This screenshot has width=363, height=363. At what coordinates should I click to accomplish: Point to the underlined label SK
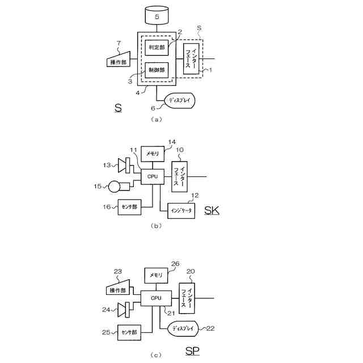tap(211, 211)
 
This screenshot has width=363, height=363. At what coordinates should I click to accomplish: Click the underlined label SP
tap(193, 351)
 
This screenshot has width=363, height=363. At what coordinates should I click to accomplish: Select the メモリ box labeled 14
tap(153, 153)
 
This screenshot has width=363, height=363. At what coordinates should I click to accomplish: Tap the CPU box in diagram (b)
tap(153, 176)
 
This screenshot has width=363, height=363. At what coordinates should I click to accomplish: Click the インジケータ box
tap(181, 210)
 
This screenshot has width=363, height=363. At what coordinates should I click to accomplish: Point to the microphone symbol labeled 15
tap(116, 185)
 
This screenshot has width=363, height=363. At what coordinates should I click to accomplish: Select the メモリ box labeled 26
tap(156, 275)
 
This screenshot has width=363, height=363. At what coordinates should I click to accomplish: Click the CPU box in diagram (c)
tap(156, 298)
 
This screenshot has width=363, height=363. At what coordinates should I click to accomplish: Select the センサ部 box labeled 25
tap(130, 332)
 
